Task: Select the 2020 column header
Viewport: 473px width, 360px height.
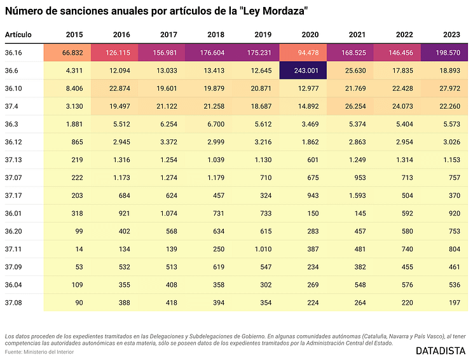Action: click(x=310, y=34)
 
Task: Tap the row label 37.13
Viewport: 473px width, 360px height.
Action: click(x=13, y=159)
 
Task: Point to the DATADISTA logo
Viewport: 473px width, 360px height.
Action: click(x=441, y=350)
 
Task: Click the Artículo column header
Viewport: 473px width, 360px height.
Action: click(x=18, y=34)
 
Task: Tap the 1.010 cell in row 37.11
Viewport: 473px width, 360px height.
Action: click(x=263, y=248)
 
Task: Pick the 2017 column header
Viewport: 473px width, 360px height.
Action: click(x=168, y=34)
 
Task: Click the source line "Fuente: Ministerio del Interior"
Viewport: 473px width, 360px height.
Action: click(x=39, y=352)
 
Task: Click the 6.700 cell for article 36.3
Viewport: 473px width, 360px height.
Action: click(x=217, y=123)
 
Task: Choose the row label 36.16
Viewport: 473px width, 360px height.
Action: click(x=13, y=52)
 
